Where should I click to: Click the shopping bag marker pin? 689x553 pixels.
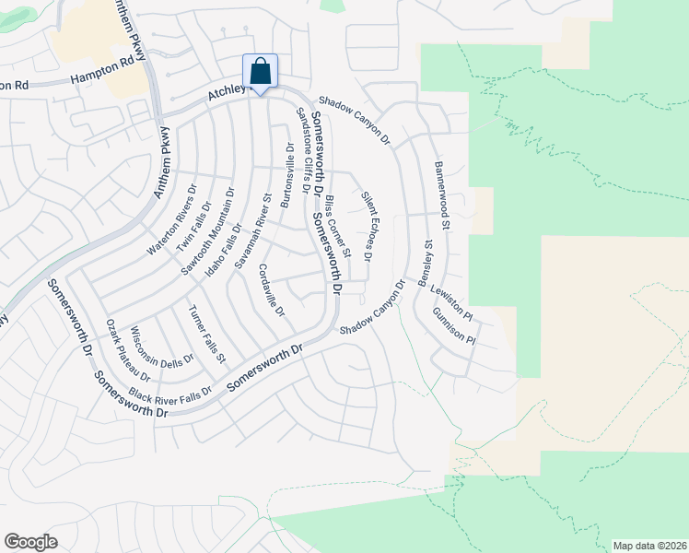[260, 72]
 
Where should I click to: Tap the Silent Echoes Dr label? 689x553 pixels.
[366, 226]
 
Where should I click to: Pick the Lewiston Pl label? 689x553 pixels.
[451, 303]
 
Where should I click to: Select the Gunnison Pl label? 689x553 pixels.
[453, 326]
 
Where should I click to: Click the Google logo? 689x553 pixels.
[30, 542]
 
